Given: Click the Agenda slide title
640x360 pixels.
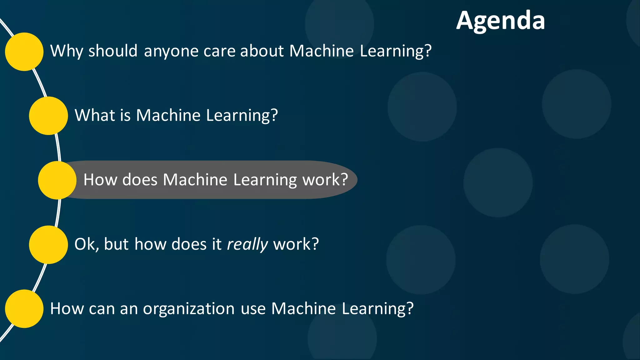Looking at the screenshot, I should tap(500, 21).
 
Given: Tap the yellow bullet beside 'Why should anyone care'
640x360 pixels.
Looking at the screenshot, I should tap(24, 52).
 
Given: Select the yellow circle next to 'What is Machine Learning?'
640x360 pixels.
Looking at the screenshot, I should tap(48, 116).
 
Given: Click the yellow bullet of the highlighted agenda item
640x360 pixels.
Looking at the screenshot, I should tap(57, 180).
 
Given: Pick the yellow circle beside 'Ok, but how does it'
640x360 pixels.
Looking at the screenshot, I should tap(48, 245).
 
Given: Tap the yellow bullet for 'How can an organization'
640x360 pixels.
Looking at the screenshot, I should tap(24, 309).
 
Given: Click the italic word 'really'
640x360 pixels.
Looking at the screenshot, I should tap(247, 244).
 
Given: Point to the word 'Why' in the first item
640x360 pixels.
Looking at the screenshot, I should tap(66, 51).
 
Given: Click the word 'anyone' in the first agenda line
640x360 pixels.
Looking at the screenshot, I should tap(171, 51).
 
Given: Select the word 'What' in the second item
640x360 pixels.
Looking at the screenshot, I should tap(94, 115).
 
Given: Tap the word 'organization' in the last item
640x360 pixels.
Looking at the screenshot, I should tap(189, 309).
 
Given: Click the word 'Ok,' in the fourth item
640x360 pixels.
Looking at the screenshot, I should tap(87, 244).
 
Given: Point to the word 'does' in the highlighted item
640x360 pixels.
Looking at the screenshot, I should tap(140, 180).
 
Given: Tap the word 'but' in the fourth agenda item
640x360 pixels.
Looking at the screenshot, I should tap(116, 244).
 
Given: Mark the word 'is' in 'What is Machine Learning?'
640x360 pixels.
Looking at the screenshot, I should tap(125, 115).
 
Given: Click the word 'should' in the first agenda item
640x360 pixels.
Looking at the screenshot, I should tap(113, 51).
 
